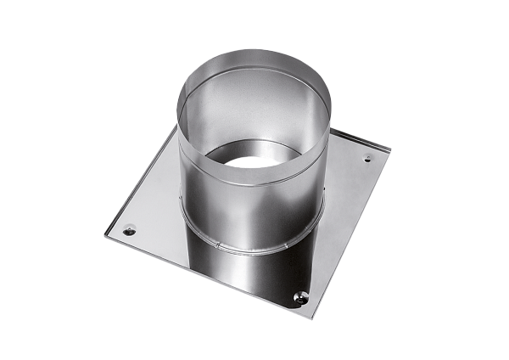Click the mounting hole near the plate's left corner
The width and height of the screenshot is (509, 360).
point(129,228)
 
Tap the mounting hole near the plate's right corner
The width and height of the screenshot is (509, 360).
point(367,158)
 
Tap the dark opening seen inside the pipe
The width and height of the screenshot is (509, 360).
point(253,158)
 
